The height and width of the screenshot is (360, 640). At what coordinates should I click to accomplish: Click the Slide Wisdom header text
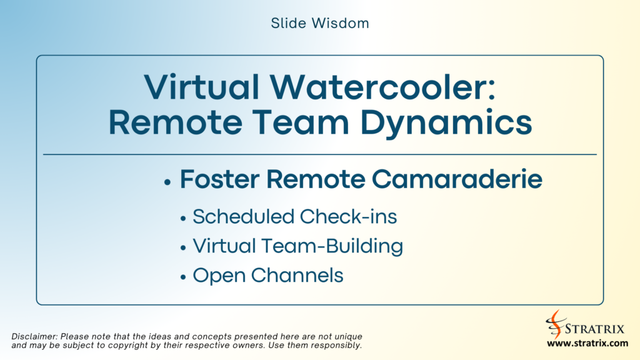point(320,24)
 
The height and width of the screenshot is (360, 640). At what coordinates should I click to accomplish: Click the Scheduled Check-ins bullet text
point(294,217)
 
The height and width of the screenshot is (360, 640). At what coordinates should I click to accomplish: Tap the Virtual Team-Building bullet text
point(297,246)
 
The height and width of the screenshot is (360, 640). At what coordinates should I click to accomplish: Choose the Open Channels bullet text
point(268,276)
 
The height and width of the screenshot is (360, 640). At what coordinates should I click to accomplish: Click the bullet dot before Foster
point(167,182)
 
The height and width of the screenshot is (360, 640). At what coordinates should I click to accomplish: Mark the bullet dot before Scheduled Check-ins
point(183,219)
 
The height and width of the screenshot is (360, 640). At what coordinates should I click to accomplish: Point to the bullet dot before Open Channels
point(183,277)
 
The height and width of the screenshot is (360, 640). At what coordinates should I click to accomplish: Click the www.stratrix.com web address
point(587,343)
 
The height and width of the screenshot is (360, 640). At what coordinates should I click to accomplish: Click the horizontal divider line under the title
point(320,154)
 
